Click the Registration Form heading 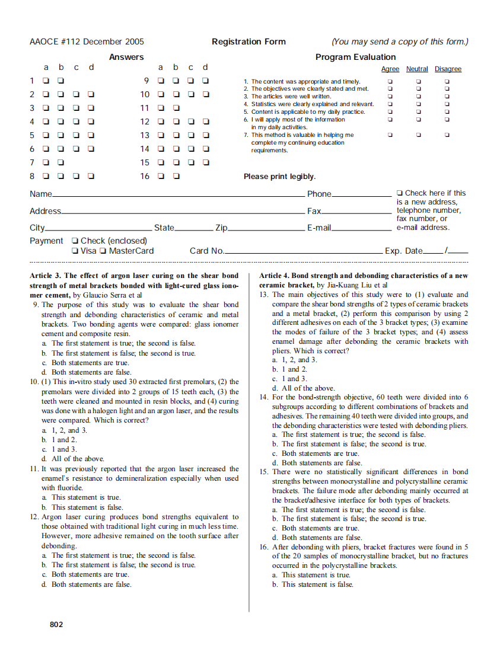[249, 41]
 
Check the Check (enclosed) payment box [74, 241]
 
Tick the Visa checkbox [74, 251]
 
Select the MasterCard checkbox [103, 251]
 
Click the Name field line [178, 195]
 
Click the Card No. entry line [303, 252]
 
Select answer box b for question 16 [176, 176]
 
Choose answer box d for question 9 [205, 81]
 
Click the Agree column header [390, 69]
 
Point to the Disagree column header [448, 69]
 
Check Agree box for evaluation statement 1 [390, 81]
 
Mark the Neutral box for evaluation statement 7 [418, 135]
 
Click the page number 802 [56, 624]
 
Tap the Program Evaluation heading [355, 57]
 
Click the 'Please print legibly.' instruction [279, 177]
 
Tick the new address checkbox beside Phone [400, 193]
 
